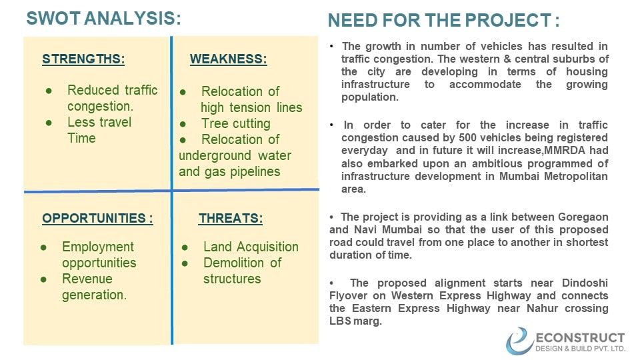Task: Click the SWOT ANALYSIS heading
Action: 104,19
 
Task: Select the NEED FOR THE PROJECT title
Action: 444,21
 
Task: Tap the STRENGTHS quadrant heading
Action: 83,59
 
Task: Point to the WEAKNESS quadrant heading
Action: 228,59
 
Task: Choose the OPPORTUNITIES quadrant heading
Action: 97,219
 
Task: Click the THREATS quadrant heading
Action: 231,219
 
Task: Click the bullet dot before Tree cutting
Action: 183,124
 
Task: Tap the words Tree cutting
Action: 236,124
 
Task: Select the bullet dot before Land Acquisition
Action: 185,247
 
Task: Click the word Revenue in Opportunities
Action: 87,279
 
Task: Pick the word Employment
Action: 98,247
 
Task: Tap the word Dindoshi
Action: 585,283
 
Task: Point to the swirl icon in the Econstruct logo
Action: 519,341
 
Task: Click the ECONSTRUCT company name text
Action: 580,338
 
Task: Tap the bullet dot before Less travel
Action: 49,123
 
